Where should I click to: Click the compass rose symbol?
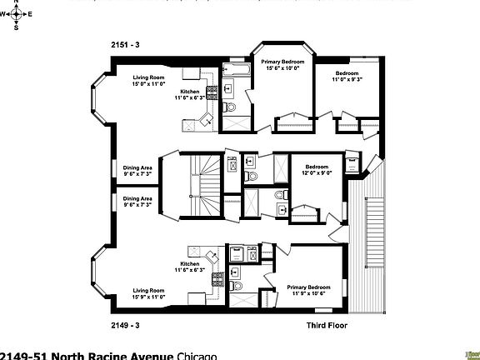[x=16, y=14]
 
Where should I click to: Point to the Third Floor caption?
[x=326, y=325]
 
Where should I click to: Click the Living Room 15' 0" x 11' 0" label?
[x=150, y=81]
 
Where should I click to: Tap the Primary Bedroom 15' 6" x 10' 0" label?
[x=282, y=65]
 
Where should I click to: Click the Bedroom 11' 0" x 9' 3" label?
[x=342, y=75]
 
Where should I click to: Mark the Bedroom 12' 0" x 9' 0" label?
[x=317, y=169]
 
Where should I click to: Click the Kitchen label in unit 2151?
[x=191, y=94]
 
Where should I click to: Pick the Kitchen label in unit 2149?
[x=191, y=267]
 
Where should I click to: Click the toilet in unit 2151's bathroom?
[x=232, y=107]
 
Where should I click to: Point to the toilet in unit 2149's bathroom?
[x=234, y=272]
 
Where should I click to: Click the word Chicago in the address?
[x=197, y=356]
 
